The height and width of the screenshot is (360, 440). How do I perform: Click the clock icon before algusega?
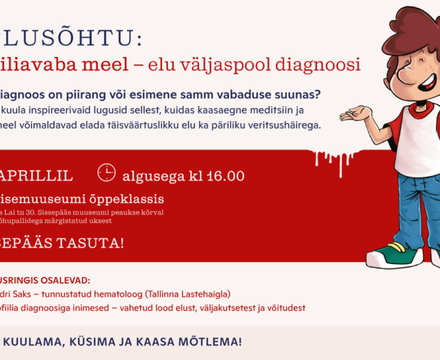click(106, 173)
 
